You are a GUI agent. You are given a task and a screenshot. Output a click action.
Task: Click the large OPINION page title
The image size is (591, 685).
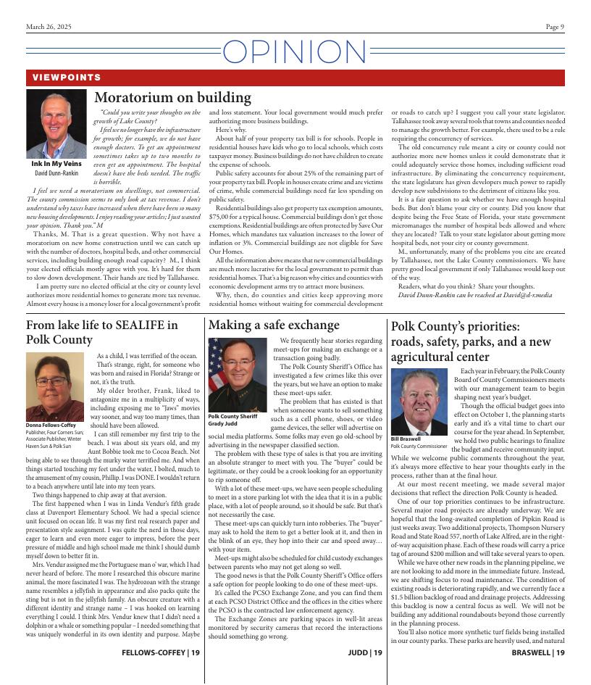tap(295, 52)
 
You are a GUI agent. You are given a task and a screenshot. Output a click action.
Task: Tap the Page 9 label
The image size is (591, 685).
tap(555, 27)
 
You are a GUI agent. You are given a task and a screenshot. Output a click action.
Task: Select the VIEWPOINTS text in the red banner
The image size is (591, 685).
tap(66, 78)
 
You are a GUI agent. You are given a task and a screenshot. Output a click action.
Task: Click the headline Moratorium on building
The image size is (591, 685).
tap(172, 98)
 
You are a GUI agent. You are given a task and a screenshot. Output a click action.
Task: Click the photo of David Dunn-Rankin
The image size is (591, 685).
tap(56, 124)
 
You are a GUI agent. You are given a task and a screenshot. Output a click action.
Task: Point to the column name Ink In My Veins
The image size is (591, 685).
tap(56, 164)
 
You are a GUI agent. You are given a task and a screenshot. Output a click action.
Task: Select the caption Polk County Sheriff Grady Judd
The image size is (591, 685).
tap(232, 420)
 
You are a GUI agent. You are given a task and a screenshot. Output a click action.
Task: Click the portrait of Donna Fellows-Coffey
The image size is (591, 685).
tap(55, 386)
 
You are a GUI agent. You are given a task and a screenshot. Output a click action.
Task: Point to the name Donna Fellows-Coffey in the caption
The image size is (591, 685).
tap(51, 425)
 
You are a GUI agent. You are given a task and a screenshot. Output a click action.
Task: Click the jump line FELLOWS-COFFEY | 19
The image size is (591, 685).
tap(161, 652)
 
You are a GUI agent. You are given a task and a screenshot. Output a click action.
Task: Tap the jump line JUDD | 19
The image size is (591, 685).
tap(365, 652)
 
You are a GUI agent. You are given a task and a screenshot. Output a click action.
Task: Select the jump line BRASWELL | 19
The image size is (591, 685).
tap(538, 652)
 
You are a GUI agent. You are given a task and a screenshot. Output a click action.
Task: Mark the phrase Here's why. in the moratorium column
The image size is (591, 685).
tap(230, 128)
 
